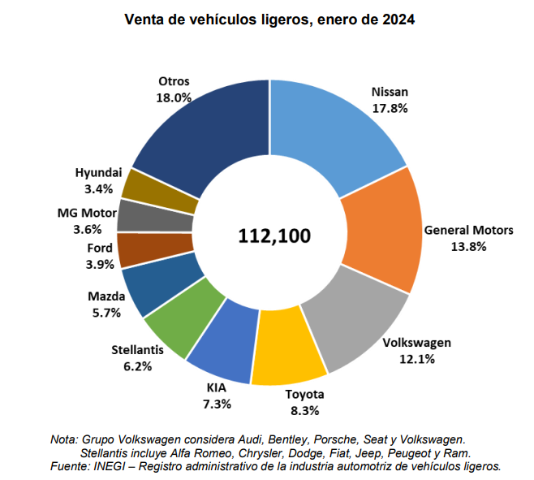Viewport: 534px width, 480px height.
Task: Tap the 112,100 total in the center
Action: (x=273, y=236)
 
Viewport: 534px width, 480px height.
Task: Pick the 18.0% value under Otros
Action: (x=174, y=97)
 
